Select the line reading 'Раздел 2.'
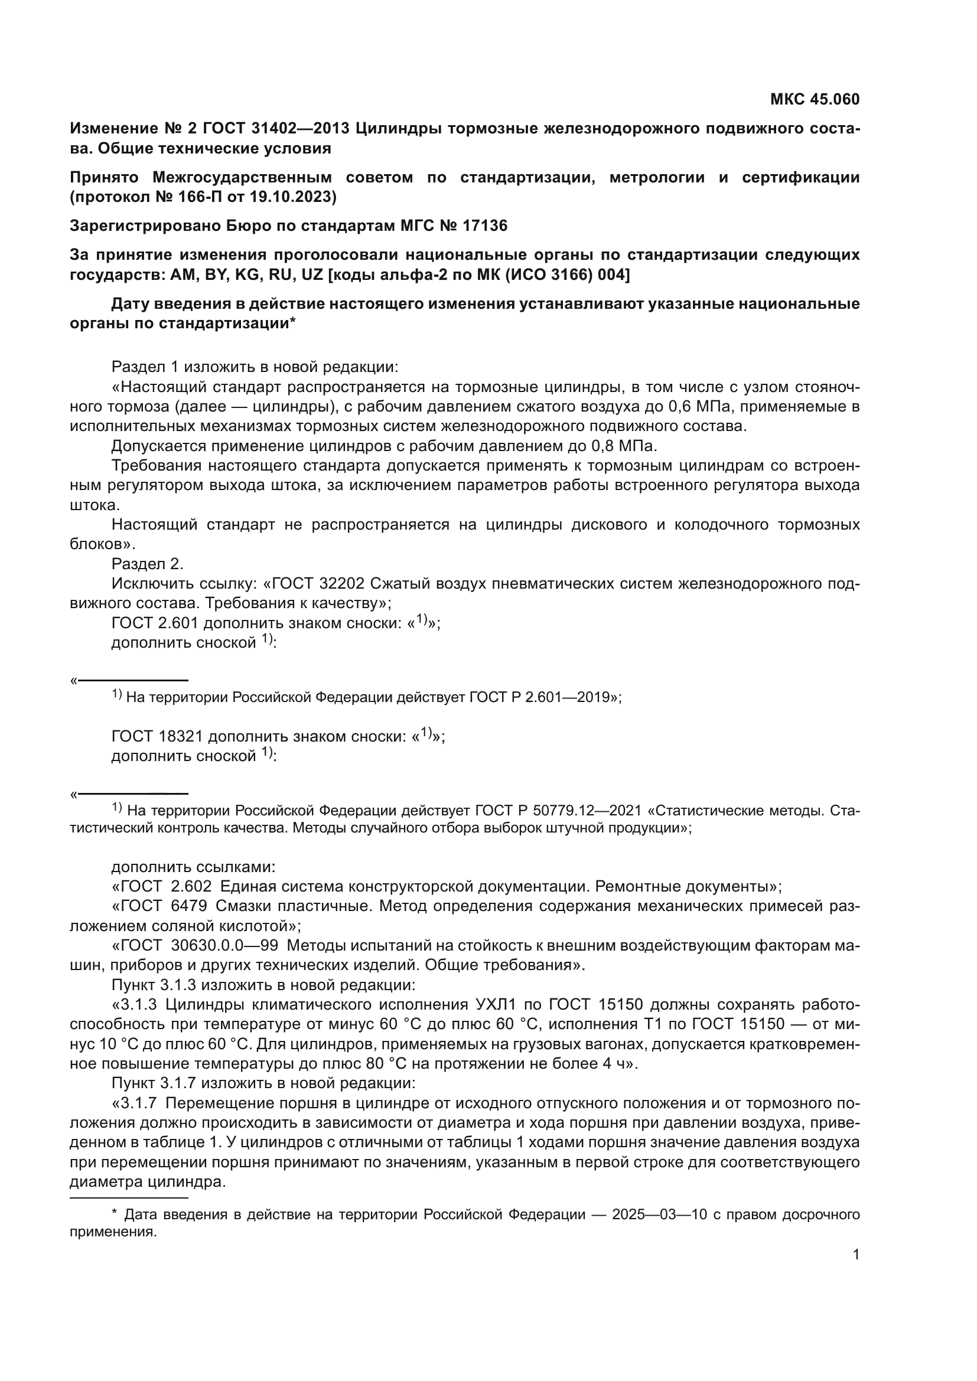[148, 564]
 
